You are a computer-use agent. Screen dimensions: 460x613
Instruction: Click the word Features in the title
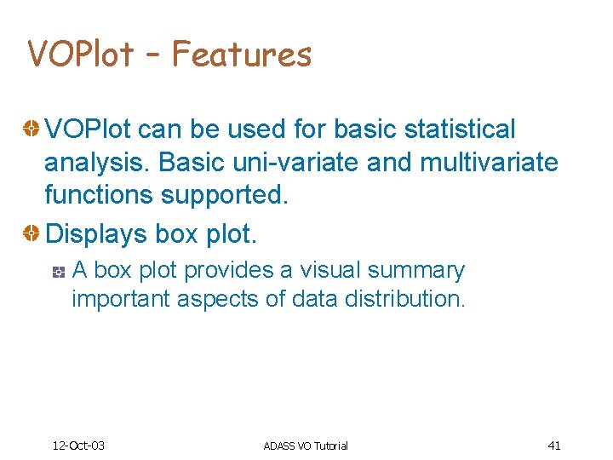pos(242,55)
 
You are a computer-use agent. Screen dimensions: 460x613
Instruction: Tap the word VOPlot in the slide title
pos(80,55)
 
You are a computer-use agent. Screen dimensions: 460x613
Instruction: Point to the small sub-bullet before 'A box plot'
pos(59,272)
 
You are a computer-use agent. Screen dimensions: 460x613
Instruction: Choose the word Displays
pos(95,232)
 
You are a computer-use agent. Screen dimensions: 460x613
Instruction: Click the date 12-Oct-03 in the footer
pos(78,446)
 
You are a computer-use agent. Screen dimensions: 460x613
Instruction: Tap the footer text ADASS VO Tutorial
pos(306,446)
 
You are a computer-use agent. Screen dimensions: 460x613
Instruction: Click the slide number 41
pos(554,446)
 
